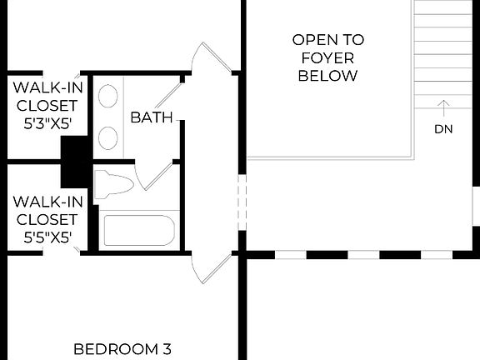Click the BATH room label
pyautogui.click(x=152, y=117)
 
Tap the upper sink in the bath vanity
pyautogui.click(x=107, y=96)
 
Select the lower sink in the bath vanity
pyautogui.click(x=107, y=137)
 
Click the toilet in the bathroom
pyautogui.click(x=112, y=183)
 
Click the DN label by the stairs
pyautogui.click(x=443, y=129)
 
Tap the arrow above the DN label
pyautogui.click(x=443, y=107)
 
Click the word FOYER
pyautogui.click(x=328, y=57)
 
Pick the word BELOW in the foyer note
pyautogui.click(x=328, y=76)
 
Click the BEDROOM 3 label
pyautogui.click(x=122, y=348)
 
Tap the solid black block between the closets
pyautogui.click(x=76, y=162)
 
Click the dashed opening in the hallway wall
pyautogui.click(x=242, y=201)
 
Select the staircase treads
pyautogui.click(x=443, y=46)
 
